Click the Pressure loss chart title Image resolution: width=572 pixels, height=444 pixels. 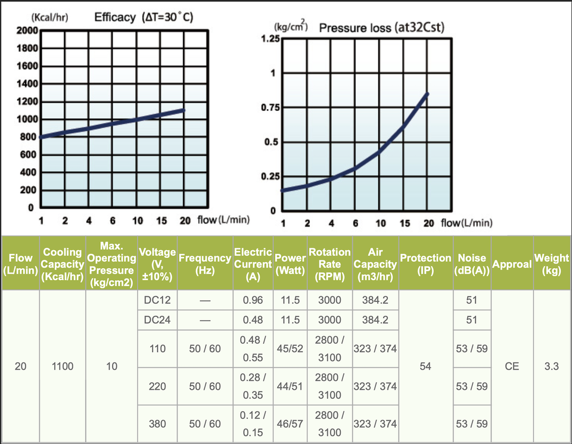(382, 27)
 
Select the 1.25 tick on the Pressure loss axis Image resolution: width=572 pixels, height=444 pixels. (270, 39)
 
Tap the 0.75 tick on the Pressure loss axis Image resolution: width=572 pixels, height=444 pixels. (270, 108)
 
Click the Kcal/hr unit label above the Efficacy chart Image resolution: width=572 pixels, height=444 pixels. (49, 17)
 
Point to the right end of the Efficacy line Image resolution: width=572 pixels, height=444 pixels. (185, 110)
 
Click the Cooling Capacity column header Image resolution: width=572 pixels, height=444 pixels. (63, 264)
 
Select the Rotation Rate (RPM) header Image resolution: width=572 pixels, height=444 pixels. (329, 264)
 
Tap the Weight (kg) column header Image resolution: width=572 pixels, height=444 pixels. (551, 264)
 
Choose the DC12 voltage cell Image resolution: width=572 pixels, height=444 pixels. (157, 300)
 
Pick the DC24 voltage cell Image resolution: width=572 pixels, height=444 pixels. (157, 320)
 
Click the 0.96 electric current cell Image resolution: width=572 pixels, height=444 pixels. (253, 300)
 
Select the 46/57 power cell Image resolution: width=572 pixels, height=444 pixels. (290, 424)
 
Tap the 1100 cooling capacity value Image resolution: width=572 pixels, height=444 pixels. (63, 367)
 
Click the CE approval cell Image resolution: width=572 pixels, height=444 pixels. (512, 367)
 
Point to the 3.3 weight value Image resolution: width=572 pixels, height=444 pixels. (551, 367)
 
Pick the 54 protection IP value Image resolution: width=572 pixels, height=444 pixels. (425, 367)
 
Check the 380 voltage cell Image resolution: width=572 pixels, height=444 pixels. (157, 424)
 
